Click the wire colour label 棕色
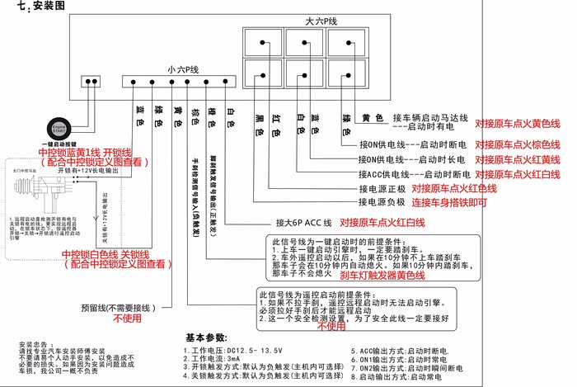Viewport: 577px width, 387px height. [x=195, y=117]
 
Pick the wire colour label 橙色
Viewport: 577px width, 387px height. [x=213, y=117]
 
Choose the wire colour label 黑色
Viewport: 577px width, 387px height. [x=258, y=126]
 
